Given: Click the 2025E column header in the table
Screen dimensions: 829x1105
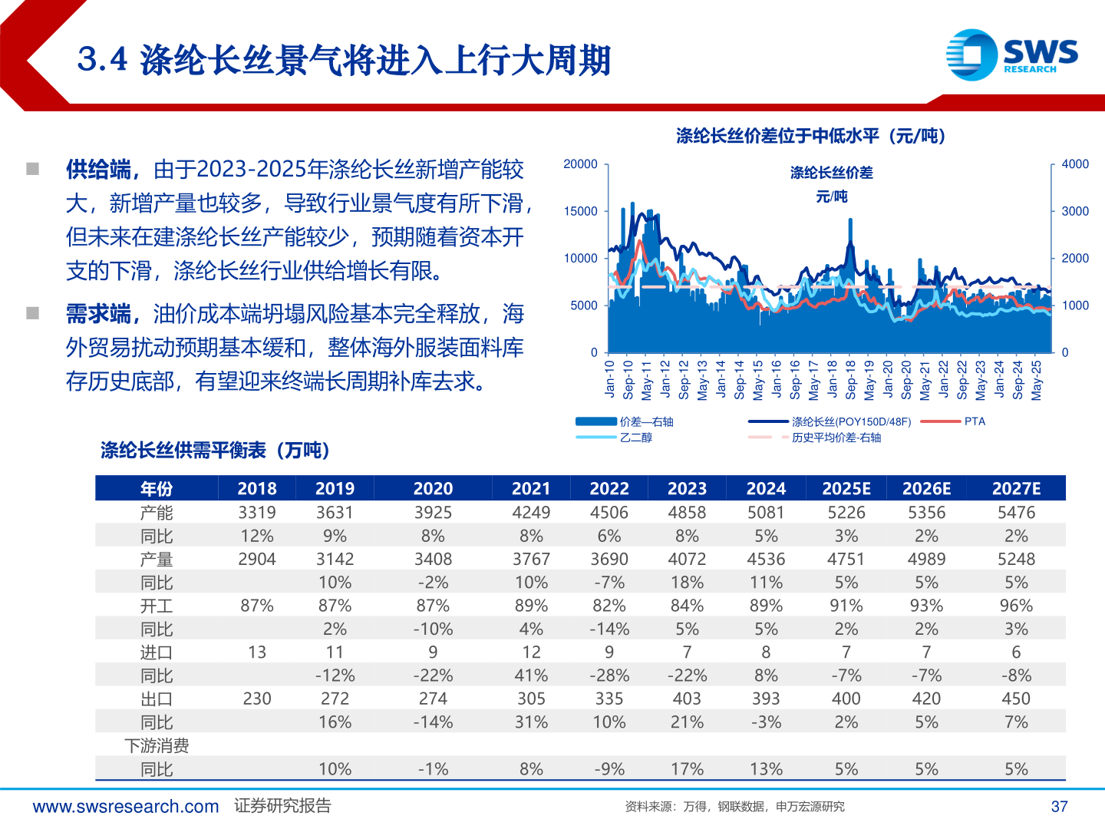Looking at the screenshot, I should (x=846, y=489).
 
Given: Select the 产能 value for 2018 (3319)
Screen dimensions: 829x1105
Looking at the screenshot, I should (x=256, y=513).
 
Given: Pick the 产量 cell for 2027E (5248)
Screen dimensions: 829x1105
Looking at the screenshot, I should (x=1015, y=560).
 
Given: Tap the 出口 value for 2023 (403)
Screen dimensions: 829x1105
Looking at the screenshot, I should (x=687, y=699).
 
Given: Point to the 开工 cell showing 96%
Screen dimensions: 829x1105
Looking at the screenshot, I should (x=1015, y=606).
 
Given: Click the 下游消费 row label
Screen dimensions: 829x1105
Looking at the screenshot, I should (x=157, y=746).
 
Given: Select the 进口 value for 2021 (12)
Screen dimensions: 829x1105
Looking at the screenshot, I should (x=531, y=652).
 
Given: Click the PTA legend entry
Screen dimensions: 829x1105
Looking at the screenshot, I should (x=974, y=421).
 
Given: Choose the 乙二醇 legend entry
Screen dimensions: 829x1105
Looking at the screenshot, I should (x=635, y=438).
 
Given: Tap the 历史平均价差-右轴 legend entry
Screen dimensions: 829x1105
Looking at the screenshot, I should (x=836, y=438).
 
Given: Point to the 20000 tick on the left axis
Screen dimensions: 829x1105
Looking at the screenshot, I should (x=580, y=164).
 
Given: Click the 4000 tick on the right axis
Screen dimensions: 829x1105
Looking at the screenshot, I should (x=1074, y=164).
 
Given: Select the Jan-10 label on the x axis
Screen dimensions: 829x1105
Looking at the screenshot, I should (x=610, y=379).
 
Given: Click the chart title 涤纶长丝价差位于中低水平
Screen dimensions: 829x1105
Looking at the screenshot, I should (x=810, y=137).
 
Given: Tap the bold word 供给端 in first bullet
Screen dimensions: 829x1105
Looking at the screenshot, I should (x=98, y=170).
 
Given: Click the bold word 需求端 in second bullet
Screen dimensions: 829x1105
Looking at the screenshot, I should (x=98, y=314).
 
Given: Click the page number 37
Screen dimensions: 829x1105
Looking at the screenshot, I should (x=1059, y=807).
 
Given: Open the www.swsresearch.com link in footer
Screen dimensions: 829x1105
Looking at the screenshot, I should (x=126, y=807).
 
